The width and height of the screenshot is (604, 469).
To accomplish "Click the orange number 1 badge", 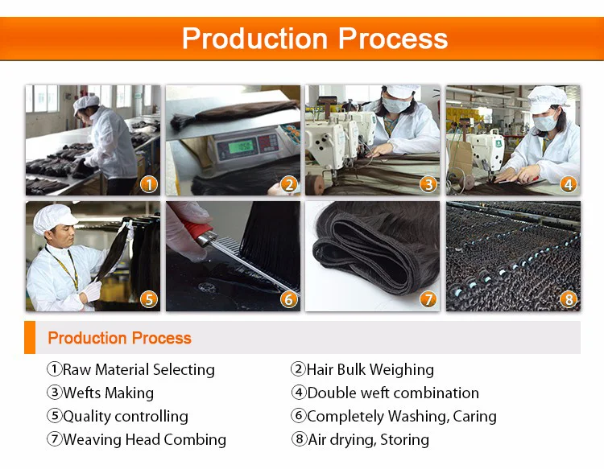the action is (148, 184).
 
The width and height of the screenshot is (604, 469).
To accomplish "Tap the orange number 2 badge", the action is (288, 184).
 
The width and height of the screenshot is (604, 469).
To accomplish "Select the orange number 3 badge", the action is (428, 184).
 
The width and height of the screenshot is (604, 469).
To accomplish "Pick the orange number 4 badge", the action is (569, 184).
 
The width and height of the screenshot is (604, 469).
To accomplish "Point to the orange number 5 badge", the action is (148, 299).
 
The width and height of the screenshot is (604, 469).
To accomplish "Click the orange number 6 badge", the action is (288, 299).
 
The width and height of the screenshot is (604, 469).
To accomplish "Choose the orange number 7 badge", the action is (428, 299).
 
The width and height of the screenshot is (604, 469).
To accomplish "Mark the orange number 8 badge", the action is (569, 299).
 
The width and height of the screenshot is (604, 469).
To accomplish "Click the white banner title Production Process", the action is (314, 38).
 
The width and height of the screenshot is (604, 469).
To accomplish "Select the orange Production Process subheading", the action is (119, 338).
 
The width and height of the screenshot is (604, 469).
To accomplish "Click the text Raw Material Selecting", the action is (139, 370).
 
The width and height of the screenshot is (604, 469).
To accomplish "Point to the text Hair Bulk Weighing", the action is (370, 370).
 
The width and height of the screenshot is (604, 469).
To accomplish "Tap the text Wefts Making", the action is (108, 393).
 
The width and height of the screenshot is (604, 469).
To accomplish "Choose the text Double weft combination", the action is (393, 393).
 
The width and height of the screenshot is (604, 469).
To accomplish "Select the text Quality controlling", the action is (125, 417).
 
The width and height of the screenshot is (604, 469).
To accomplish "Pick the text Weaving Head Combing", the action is (144, 440).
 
